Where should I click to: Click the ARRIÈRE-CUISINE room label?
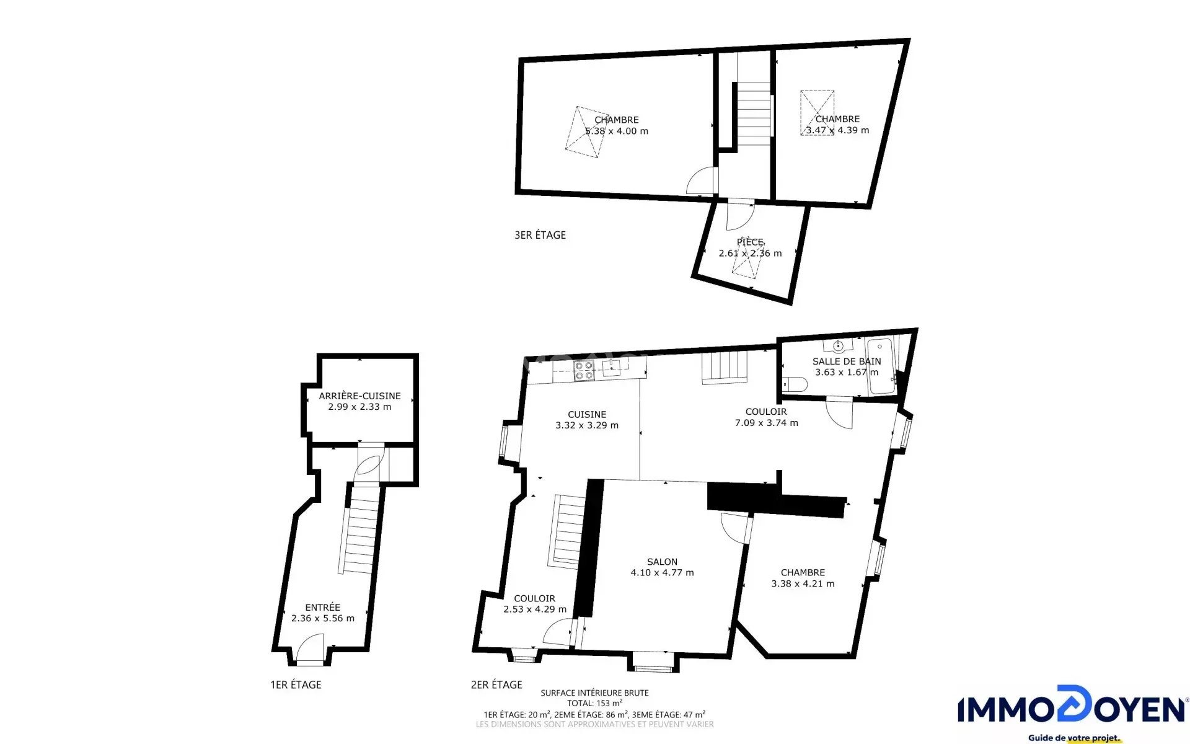pos(359,396)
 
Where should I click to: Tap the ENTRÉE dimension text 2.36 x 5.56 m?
pos(323,618)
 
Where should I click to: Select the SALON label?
pos(662,562)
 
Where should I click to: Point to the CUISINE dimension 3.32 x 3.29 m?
pos(587,425)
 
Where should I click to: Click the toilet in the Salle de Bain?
pos(795,384)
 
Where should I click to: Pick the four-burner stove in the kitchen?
pos(584,370)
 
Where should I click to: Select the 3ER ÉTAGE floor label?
pos(540,235)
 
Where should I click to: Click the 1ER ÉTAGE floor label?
pos(296,684)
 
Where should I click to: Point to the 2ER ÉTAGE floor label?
pos(496,684)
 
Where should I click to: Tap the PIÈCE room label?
pos(750,242)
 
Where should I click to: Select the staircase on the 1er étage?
pos(361,529)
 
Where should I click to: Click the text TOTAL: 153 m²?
pos(594,703)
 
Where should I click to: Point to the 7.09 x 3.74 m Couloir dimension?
pos(766,423)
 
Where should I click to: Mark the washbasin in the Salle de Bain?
pos(838,345)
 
